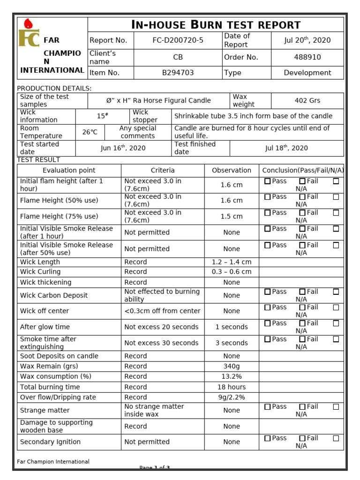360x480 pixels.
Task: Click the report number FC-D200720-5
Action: pos(178,40)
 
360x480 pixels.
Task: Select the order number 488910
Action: pos(307,57)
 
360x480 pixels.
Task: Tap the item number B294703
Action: pos(178,73)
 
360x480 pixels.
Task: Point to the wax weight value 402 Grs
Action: pos(307,100)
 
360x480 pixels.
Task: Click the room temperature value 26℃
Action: pos(90,132)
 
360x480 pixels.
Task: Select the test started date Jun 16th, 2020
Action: pos(123,148)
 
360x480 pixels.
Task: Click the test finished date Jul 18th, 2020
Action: pos(286,148)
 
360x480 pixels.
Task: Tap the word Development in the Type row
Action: pos(307,73)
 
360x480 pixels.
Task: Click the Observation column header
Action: pos(232,170)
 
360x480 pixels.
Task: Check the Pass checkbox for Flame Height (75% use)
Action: pos(267,213)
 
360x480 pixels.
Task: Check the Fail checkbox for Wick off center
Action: pos(302,307)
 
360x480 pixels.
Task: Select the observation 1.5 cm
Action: pos(232,217)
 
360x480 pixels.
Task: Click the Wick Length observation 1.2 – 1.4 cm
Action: pos(232,262)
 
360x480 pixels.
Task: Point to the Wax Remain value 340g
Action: pos(232,366)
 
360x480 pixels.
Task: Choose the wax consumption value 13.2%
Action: pos(232,376)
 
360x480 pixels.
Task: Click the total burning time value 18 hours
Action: pos(232,387)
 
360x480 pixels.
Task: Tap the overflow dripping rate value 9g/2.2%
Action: pos(232,397)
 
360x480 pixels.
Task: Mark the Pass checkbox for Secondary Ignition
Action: pos(267,438)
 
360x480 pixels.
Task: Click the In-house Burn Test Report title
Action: pos(216,25)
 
